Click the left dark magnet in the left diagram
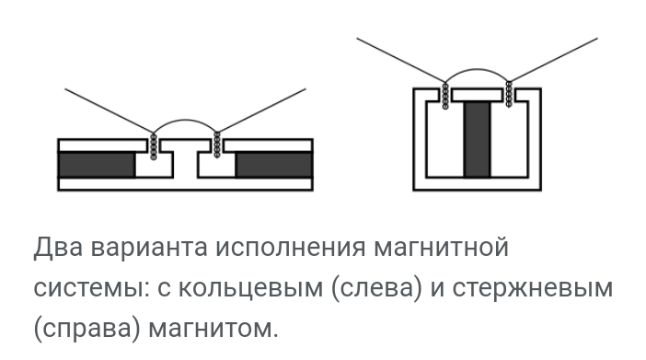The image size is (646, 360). tap(96, 165)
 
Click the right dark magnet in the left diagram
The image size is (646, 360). tap(273, 165)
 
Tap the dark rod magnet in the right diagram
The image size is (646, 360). tap(477, 139)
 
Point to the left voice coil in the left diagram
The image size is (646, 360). tap(154, 145)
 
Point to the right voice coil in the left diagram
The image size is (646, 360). tap(217, 145)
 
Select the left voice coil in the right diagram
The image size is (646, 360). tap(445, 94)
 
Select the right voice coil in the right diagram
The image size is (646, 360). tap(509, 94)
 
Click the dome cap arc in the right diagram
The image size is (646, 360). tap(477, 70)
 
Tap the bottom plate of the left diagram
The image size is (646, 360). tap(185, 184)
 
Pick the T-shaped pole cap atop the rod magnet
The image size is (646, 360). tap(477, 95)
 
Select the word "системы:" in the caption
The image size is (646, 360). tap(88, 288)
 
